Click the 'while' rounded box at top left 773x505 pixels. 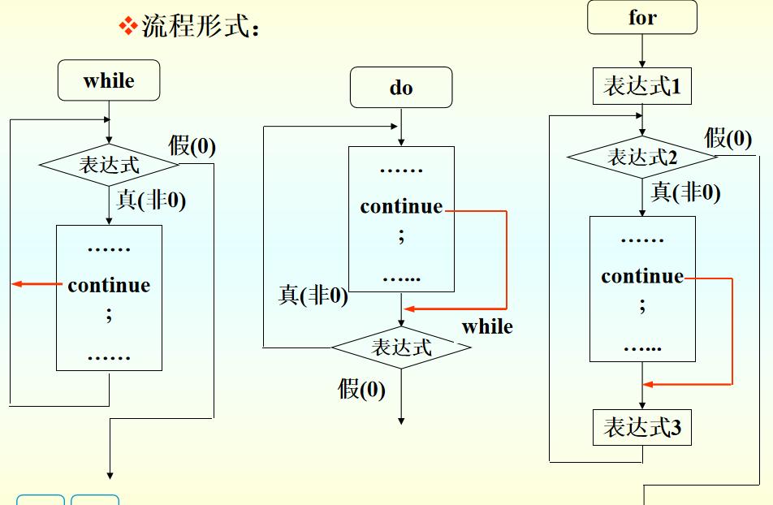click(x=108, y=81)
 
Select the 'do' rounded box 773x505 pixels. click(x=400, y=88)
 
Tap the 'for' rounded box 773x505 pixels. click(x=641, y=18)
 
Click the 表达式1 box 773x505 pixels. click(x=641, y=86)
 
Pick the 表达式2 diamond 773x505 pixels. click(x=642, y=157)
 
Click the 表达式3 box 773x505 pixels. click(x=641, y=428)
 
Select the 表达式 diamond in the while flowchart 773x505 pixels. click(x=109, y=166)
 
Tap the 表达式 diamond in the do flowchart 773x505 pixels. click(x=401, y=347)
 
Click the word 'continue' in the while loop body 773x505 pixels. click(x=109, y=285)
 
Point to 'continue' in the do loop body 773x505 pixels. click(x=401, y=206)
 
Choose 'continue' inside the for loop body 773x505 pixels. click(x=642, y=276)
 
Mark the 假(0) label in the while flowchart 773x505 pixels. click(x=192, y=146)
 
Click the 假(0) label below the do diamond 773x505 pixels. click(x=361, y=389)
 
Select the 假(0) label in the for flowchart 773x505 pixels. click(x=728, y=138)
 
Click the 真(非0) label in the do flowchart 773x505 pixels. click(x=313, y=296)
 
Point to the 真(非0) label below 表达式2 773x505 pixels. click(x=685, y=192)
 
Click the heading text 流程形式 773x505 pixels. click(x=200, y=27)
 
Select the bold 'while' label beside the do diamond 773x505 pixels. click(x=487, y=326)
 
